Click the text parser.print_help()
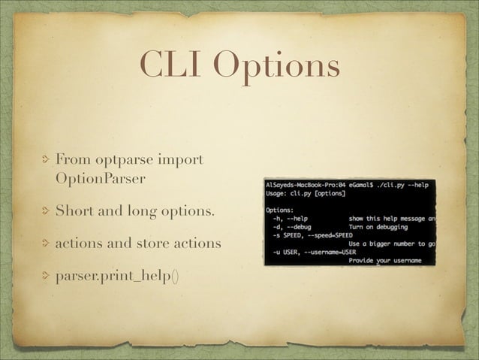pyautogui.click(x=117, y=275)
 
